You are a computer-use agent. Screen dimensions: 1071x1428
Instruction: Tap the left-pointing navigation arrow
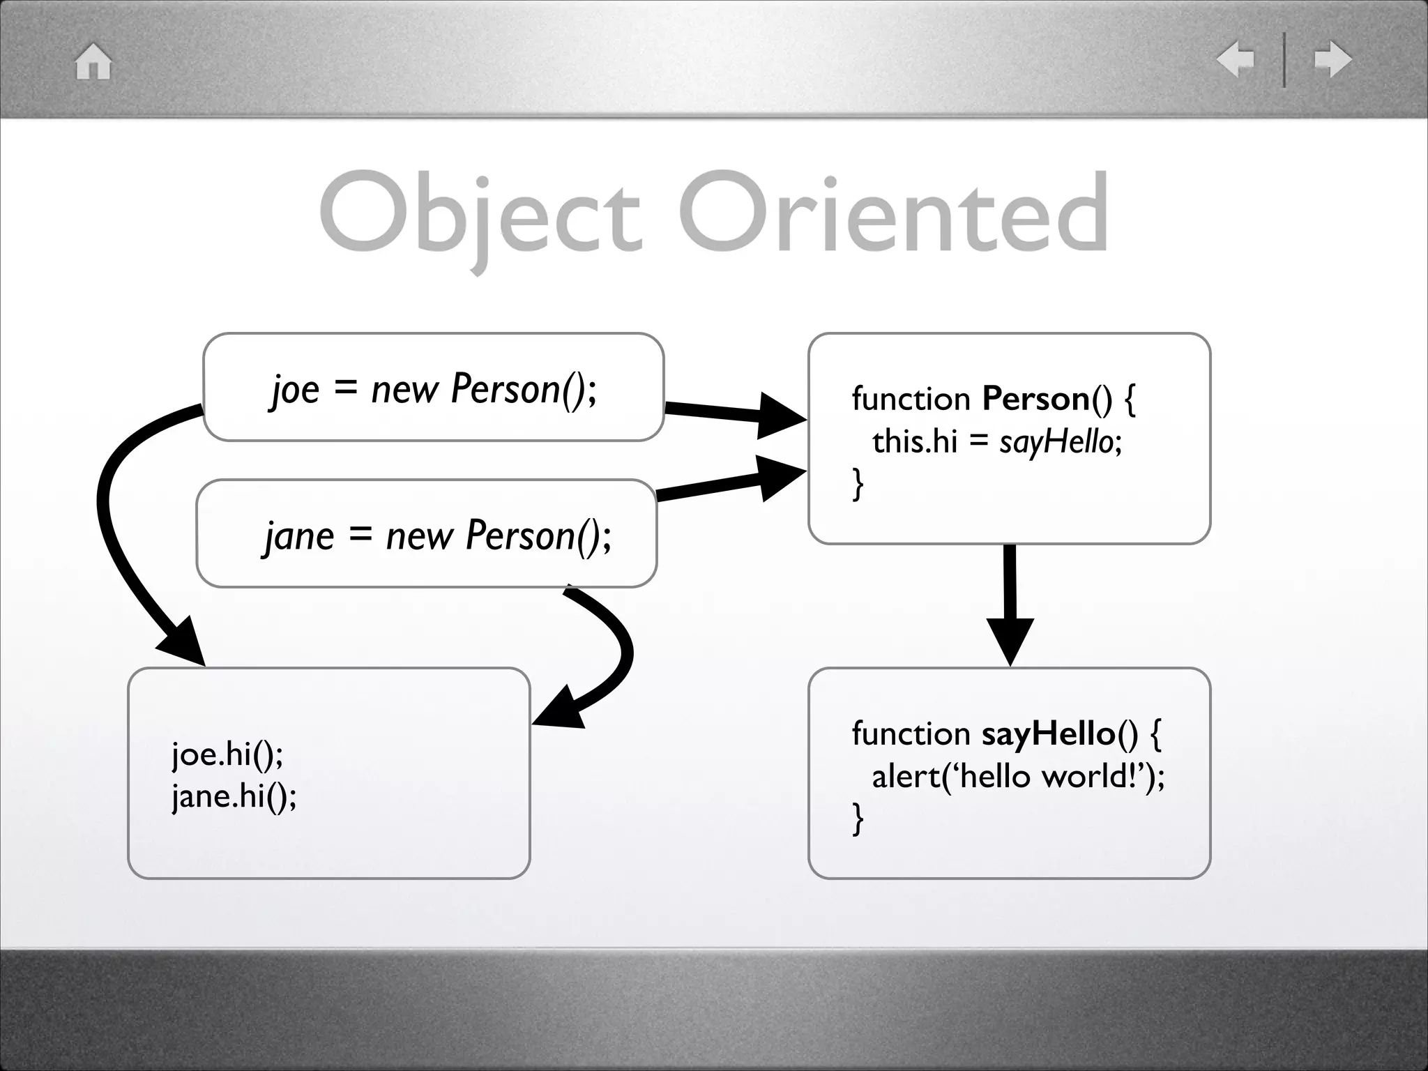(1235, 59)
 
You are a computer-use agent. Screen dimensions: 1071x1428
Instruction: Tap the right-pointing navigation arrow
(1332, 59)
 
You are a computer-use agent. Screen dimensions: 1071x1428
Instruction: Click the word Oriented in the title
(893, 213)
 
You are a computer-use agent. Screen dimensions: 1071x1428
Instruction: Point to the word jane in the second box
(299, 536)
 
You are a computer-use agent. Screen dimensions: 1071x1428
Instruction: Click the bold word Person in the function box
(1035, 400)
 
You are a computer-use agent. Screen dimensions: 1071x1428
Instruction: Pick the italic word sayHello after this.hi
(1056, 442)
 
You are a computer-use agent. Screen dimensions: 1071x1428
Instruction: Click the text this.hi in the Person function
(914, 442)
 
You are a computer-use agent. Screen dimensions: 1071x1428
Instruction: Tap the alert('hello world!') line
(1017, 776)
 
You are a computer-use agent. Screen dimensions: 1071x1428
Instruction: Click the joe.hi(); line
(227, 754)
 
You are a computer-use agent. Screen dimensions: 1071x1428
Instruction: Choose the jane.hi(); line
(234, 796)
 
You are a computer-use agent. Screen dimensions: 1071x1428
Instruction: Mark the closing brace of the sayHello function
(858, 818)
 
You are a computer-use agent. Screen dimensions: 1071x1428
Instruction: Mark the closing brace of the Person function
(858, 483)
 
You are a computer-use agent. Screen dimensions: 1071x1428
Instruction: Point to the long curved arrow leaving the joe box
(112, 516)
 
